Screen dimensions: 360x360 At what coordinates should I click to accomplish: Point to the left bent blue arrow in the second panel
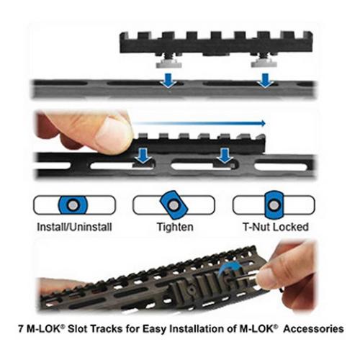tap(143, 154)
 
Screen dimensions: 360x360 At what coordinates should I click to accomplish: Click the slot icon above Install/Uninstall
tap(73, 205)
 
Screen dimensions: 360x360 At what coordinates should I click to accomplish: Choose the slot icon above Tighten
tap(172, 205)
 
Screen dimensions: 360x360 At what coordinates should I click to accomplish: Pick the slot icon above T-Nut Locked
tap(271, 205)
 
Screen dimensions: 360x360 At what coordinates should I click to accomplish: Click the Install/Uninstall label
tap(73, 228)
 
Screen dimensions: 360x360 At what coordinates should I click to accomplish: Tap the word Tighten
tap(173, 228)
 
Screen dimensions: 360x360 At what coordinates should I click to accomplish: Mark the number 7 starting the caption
tap(20, 328)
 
